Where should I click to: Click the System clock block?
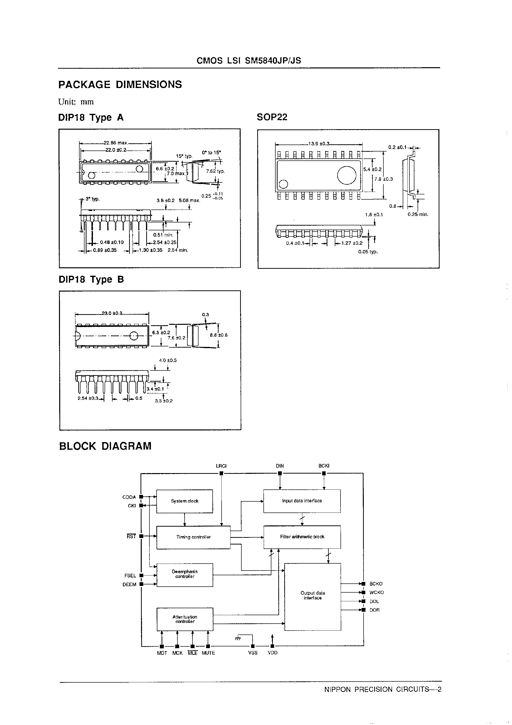pyautogui.click(x=184, y=501)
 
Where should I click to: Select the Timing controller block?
pyautogui.click(x=193, y=537)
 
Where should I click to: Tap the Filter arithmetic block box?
pyautogui.click(x=302, y=537)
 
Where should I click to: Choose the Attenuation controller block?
pyautogui.click(x=185, y=619)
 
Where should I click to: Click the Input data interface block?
pyautogui.click(x=302, y=501)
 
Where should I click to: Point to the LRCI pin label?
pyautogui.click(x=221, y=466)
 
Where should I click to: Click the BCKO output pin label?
pyautogui.click(x=376, y=584)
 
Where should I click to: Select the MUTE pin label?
pyautogui.click(x=208, y=653)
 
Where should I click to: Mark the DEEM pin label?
pyautogui.click(x=129, y=584)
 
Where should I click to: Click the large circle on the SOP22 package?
pyautogui.click(x=347, y=175)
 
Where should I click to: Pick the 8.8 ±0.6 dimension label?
pyautogui.click(x=218, y=335)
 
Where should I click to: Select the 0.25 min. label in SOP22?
pyautogui.click(x=418, y=214)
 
